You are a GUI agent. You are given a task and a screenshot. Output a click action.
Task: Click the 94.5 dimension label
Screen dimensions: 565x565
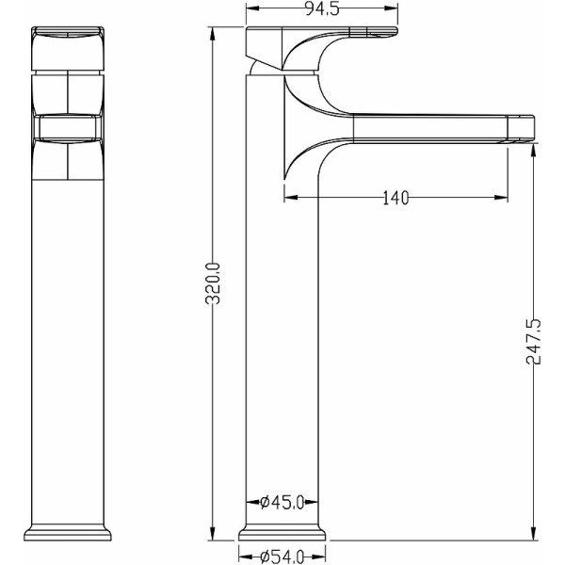pos(322,9)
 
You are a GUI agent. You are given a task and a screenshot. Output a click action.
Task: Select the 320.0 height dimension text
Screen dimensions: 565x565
pos(213,283)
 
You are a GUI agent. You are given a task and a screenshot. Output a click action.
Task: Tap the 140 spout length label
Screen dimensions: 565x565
pos(395,198)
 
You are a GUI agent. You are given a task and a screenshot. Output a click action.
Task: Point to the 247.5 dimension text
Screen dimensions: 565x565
pos(534,341)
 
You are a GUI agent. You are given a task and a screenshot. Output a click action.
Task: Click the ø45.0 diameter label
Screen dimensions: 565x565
pos(282,502)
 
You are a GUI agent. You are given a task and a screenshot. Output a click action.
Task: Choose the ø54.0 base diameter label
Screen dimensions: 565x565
pos(282,557)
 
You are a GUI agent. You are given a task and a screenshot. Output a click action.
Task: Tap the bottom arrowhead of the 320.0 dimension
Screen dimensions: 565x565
pos(213,534)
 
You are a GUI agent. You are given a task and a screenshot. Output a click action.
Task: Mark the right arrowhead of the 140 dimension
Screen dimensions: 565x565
pos(501,197)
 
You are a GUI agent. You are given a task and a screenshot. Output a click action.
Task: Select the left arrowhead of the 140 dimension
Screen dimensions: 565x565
pos(291,197)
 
